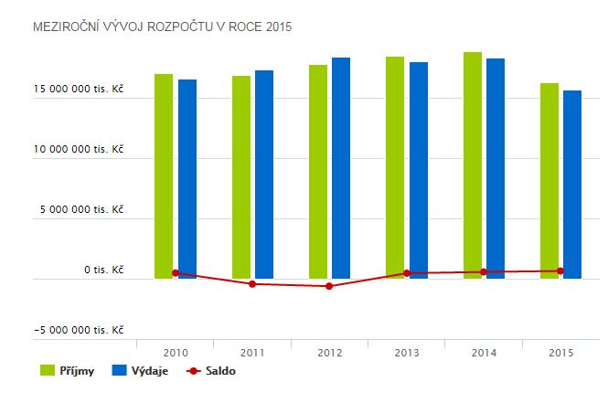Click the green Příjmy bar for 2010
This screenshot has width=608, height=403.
click(x=164, y=174)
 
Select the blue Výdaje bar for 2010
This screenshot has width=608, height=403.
click(x=187, y=178)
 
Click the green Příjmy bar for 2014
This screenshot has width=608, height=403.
click(x=473, y=164)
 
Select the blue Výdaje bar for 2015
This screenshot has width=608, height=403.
click(x=572, y=183)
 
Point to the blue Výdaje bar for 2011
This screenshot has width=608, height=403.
click(x=263, y=174)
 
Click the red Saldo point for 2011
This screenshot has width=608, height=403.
click(x=252, y=284)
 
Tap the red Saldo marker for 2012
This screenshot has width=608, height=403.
click(x=329, y=286)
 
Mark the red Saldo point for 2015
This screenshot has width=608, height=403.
click(x=560, y=270)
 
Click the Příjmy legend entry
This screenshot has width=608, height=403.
click(x=69, y=371)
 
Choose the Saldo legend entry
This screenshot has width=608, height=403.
click(x=210, y=371)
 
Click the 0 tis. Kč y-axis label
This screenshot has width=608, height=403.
click(x=103, y=270)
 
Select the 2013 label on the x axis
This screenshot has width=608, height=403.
click(x=406, y=351)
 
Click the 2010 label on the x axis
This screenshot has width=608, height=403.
click(x=175, y=351)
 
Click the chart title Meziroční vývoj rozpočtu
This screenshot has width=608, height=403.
click(x=161, y=27)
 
